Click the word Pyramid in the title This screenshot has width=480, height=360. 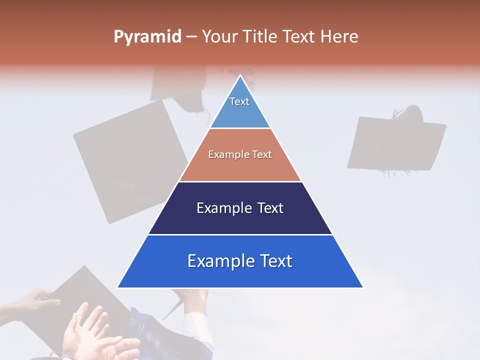click(x=147, y=37)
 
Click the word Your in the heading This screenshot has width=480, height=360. click(x=219, y=37)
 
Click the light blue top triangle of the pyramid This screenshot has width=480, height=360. click(x=240, y=112)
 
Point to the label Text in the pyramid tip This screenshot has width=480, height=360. click(x=239, y=101)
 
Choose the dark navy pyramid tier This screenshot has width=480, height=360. click(x=240, y=220)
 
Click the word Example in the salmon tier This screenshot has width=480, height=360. click(x=225, y=154)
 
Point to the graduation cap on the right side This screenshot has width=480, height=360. click(x=395, y=142)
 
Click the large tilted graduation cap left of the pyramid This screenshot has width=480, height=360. click(x=127, y=160)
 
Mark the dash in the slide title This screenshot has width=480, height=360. click(x=191, y=37)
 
